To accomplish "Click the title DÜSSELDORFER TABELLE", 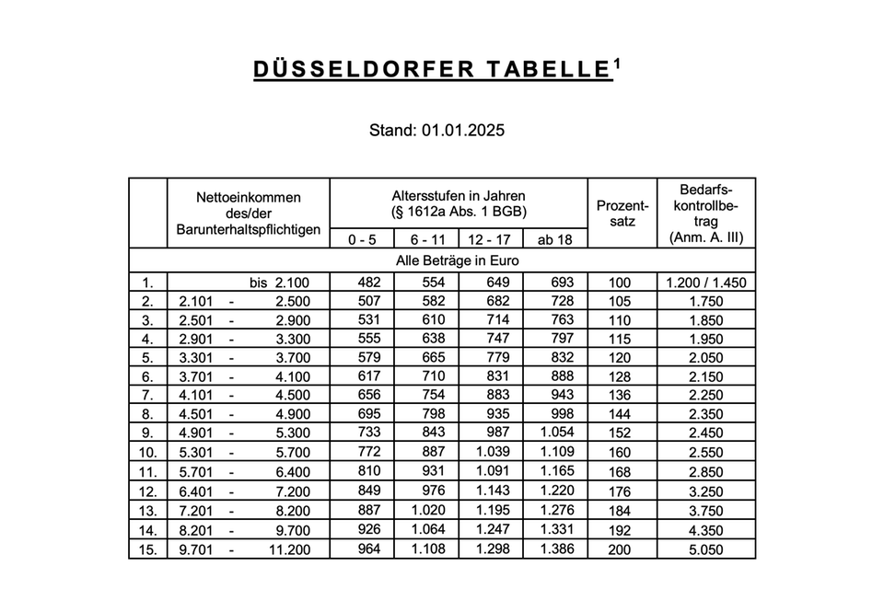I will (429, 72).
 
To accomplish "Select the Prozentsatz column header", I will (622, 213).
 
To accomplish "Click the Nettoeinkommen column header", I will (248, 213).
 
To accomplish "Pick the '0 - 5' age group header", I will (362, 239).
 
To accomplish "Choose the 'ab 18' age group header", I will (555, 239).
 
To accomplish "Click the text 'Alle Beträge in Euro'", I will (457, 260).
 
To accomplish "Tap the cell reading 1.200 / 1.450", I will (706, 283).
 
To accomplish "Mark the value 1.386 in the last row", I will (556, 550).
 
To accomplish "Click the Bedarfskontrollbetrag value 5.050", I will (706, 550).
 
